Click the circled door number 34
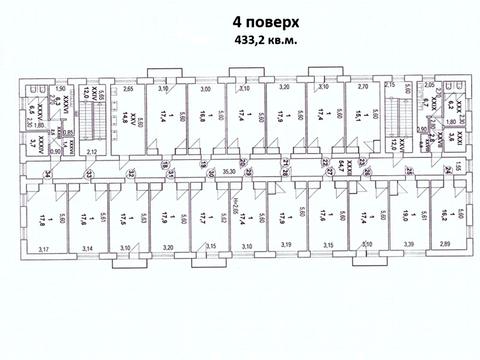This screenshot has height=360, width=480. tap(47, 175)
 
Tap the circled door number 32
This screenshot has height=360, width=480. tap(130, 174)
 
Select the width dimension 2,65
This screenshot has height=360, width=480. tap(129, 89)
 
